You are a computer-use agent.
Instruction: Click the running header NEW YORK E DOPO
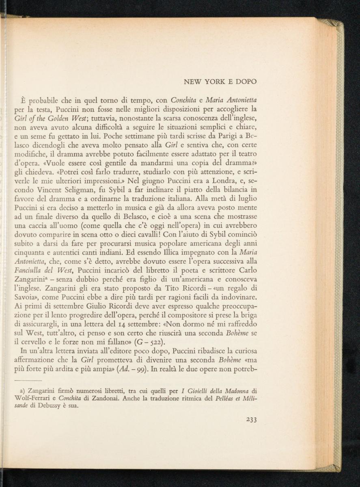(220, 82)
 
